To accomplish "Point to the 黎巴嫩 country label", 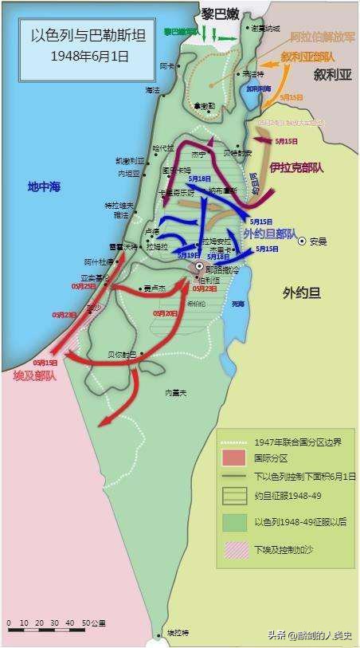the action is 220,14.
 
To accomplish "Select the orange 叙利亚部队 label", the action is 307,57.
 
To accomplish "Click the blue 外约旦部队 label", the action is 270,234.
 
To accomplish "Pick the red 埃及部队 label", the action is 35,374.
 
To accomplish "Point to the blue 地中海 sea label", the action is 45,187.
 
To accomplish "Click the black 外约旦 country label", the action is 301,293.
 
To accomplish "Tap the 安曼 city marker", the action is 302,241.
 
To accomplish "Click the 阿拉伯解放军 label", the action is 317,37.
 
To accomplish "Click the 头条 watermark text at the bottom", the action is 276,634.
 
